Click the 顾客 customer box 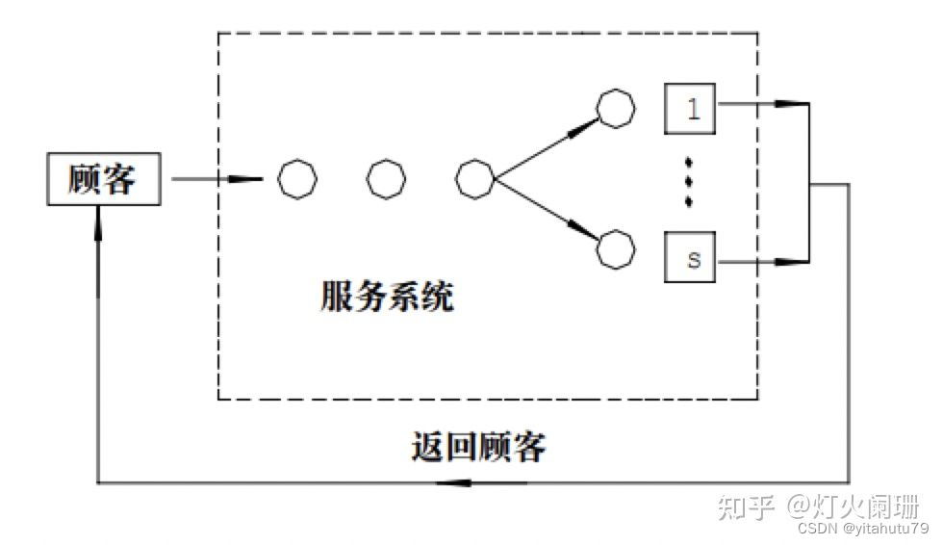tap(104, 179)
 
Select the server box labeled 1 tap(691, 107)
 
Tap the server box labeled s tap(691, 259)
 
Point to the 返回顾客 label tap(478, 446)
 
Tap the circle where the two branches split tap(475, 179)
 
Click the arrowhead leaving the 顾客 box tap(250, 179)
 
